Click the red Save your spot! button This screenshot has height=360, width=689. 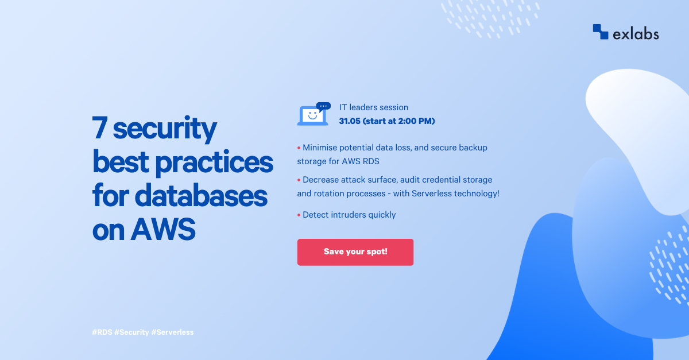(x=355, y=252)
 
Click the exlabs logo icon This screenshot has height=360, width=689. (x=600, y=32)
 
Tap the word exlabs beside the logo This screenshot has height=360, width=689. (x=636, y=34)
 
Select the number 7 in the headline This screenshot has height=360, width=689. (x=100, y=129)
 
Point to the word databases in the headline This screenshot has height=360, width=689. (x=201, y=196)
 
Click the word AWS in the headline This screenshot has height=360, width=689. (x=164, y=230)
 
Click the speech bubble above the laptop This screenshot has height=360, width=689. (x=324, y=106)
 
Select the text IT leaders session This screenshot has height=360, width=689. (x=374, y=107)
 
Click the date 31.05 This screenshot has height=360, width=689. (x=349, y=121)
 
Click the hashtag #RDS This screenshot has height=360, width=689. (x=102, y=332)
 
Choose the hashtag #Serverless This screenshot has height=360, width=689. (x=173, y=332)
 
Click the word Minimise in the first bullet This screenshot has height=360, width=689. (x=322, y=148)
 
